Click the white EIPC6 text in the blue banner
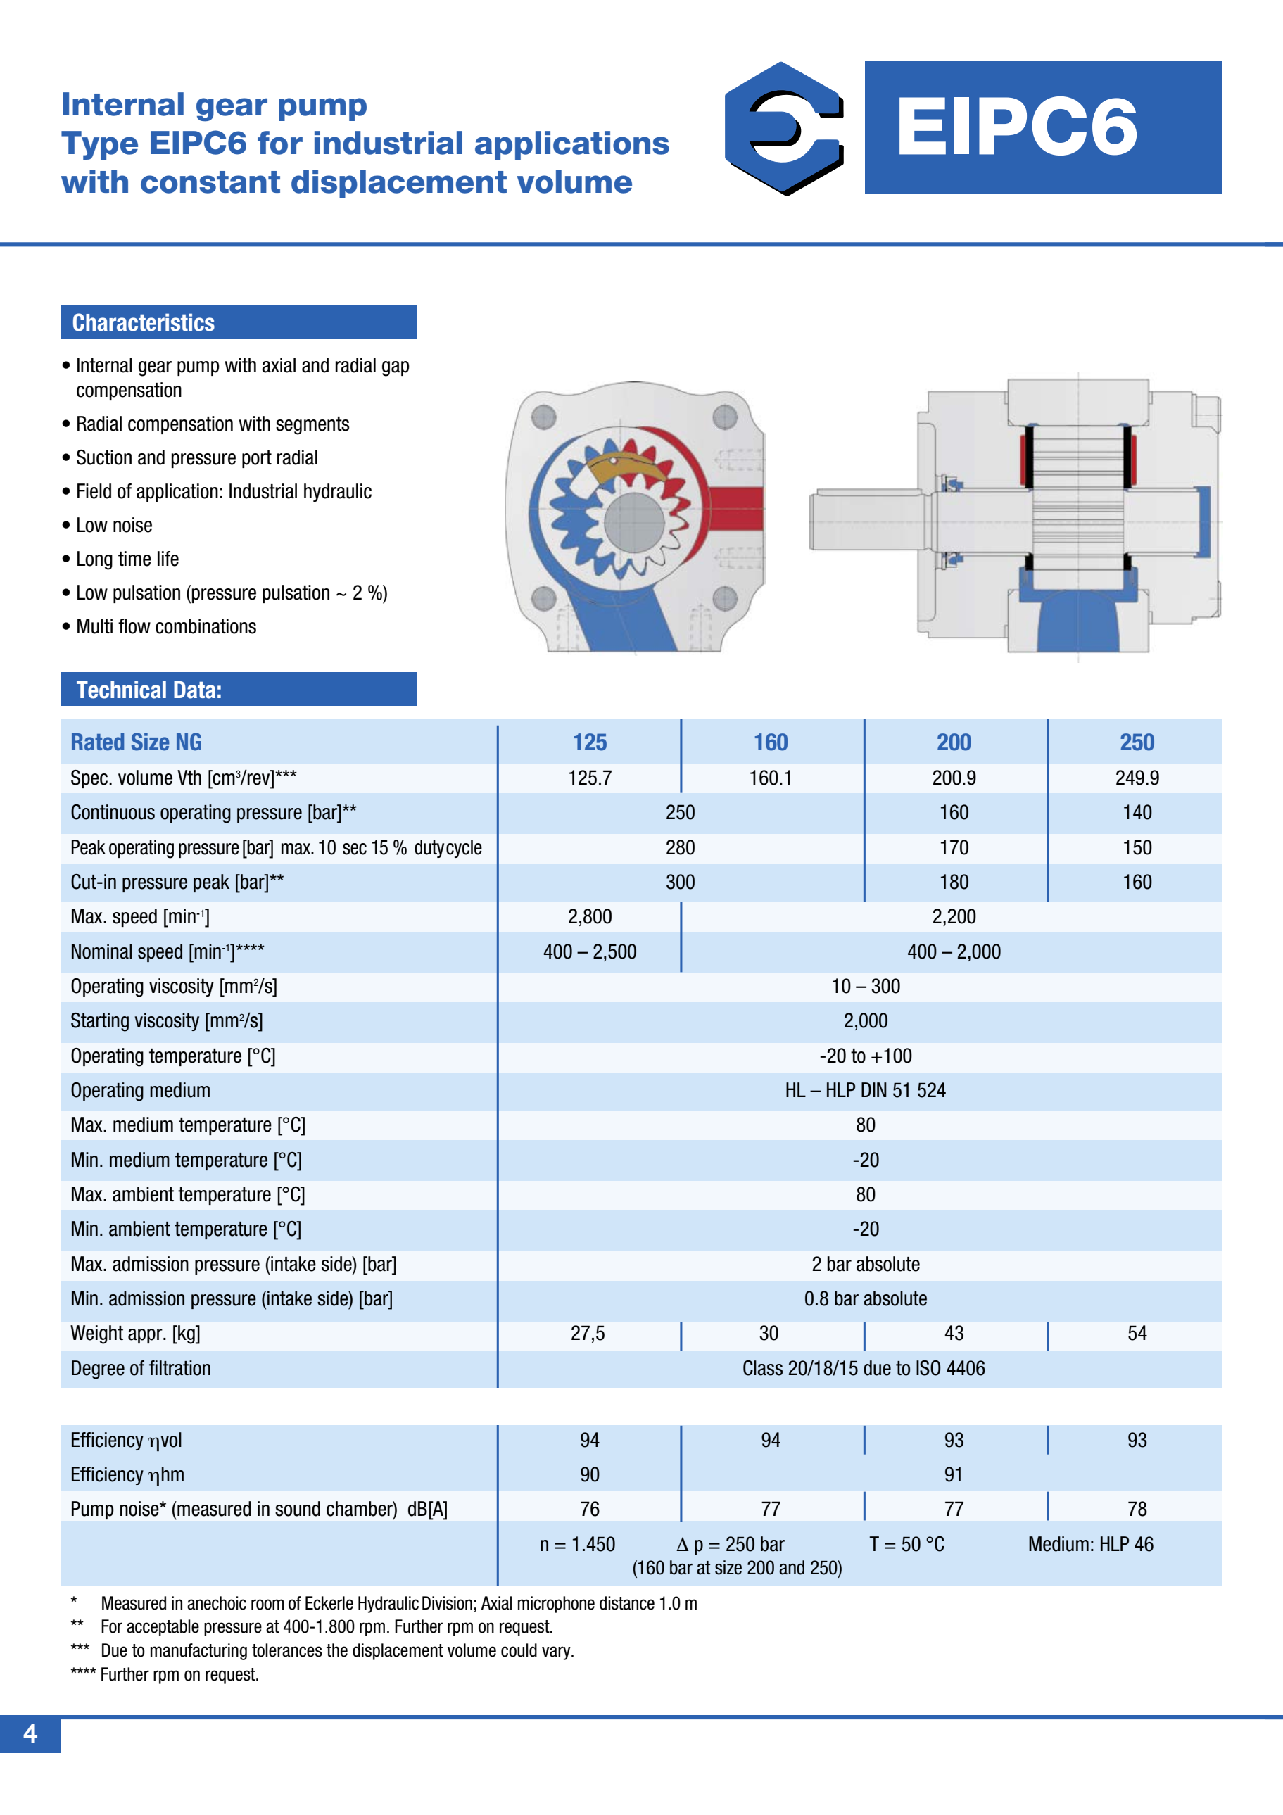(x=1016, y=127)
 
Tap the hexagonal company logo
(x=783, y=128)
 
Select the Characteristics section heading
(x=144, y=322)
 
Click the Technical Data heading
(x=148, y=690)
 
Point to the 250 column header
(x=1136, y=742)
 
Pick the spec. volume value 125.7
(x=590, y=778)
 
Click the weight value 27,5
(x=588, y=1334)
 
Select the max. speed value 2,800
(x=590, y=917)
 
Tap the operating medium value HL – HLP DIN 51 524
(x=865, y=1091)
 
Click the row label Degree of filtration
(x=141, y=1368)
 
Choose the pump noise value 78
(x=1136, y=1509)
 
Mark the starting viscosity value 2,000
(x=865, y=1021)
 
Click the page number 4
(x=30, y=1733)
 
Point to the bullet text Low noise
(x=114, y=526)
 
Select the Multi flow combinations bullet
(x=166, y=627)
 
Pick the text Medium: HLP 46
(x=1090, y=1544)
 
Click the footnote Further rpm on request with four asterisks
(x=179, y=1674)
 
